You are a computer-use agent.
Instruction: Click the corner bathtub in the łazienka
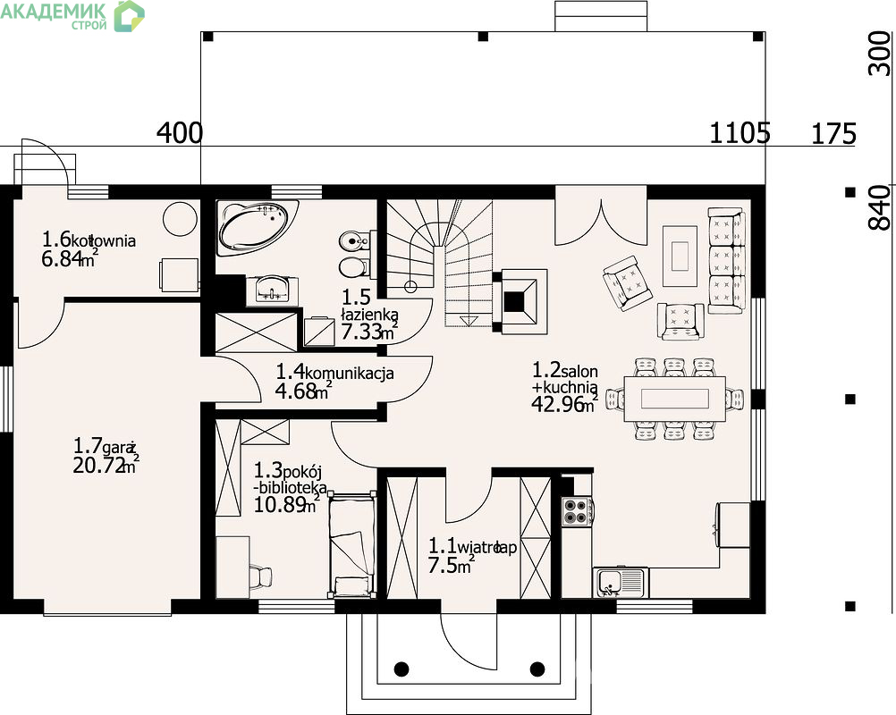pos(258,227)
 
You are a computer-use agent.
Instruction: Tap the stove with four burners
pos(577,512)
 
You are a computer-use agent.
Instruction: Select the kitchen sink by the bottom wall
pos(621,583)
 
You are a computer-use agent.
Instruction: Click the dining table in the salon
pos(674,398)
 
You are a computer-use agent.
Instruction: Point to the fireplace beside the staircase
pos(520,301)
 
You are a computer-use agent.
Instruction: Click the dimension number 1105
pos(740,133)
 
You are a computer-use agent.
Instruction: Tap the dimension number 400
pos(180,133)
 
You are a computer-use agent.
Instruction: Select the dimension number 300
pos(880,54)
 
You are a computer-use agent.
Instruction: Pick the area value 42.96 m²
pos(565,404)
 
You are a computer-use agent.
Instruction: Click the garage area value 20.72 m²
pos(106,466)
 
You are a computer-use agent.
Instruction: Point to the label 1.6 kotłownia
pos(89,240)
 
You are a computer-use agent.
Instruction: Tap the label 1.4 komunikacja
pos(334,373)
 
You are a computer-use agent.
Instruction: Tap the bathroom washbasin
pos(272,290)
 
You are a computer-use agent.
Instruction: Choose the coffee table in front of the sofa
pos(680,256)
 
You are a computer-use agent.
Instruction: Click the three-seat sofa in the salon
pos(727,261)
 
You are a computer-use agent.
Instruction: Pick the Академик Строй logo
pos(72,15)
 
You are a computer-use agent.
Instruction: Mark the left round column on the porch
pos(402,669)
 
